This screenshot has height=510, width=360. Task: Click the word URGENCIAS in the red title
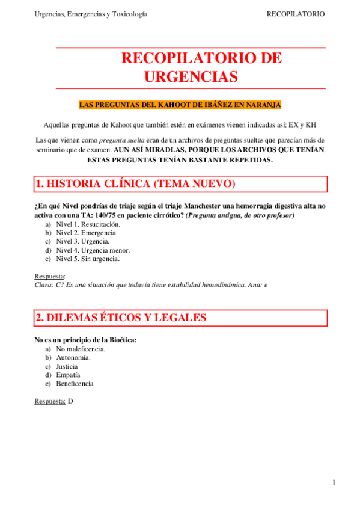point(191,77)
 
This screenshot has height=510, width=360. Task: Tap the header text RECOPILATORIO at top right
point(296,13)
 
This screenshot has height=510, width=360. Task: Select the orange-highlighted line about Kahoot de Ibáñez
point(180,105)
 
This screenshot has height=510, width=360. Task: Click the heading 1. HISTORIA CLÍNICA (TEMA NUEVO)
point(135,184)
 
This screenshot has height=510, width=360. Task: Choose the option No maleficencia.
point(81,349)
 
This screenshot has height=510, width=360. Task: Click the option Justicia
point(67,366)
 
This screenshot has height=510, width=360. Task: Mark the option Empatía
point(67,375)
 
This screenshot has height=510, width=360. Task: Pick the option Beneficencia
point(75,384)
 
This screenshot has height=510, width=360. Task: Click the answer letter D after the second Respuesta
point(70,401)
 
